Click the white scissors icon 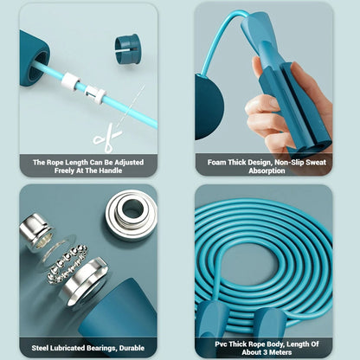point(106,138)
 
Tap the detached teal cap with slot point(127,48)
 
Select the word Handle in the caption point(111,170)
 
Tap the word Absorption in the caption point(267,170)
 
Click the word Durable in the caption point(132,348)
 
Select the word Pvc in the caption point(221,344)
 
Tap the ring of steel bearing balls point(67,264)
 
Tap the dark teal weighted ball point(209,106)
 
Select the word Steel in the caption point(40,348)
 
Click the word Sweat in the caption point(316,163)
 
